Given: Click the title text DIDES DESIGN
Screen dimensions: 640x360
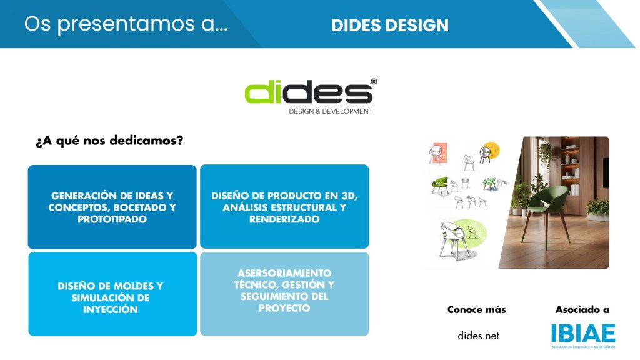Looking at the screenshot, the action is (390, 25).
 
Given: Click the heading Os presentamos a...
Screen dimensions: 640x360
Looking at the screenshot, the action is (126, 24).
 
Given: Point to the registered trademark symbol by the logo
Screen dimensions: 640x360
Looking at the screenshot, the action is (374, 82).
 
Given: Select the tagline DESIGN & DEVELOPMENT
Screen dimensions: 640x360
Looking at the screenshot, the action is (331, 111).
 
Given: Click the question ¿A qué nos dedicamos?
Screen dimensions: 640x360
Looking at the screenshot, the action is (109, 141).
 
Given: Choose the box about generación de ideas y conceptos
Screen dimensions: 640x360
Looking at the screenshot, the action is (112, 207).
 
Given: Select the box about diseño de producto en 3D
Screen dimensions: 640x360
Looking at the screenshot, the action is (284, 206).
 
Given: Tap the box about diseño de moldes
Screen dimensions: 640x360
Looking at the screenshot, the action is (112, 294).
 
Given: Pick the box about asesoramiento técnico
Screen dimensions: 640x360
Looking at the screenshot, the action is (284, 294).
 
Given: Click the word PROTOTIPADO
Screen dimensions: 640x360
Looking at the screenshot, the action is (112, 219).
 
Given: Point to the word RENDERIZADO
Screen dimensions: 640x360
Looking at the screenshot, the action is (284, 219).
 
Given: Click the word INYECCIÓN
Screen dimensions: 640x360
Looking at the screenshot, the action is (111, 309).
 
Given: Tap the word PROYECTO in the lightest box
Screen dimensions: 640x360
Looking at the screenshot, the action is (284, 308).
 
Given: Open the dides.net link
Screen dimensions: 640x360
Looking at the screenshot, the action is (478, 336).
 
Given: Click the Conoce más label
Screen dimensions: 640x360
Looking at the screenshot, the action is (477, 310).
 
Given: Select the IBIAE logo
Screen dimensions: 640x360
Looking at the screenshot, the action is (583, 336).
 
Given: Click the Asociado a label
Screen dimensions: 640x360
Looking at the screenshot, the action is (582, 310).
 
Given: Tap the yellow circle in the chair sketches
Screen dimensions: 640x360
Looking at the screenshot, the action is (491, 149).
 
